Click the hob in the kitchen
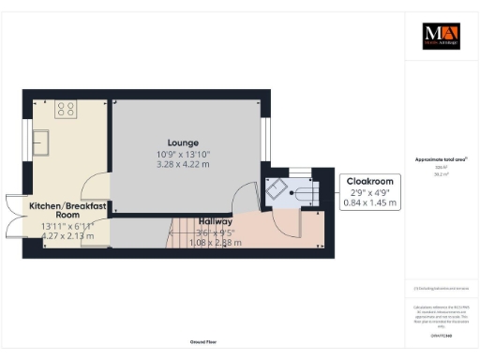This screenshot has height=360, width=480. point(66,110)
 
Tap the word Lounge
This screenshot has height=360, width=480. point(184,142)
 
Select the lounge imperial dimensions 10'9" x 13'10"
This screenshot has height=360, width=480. point(184,154)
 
